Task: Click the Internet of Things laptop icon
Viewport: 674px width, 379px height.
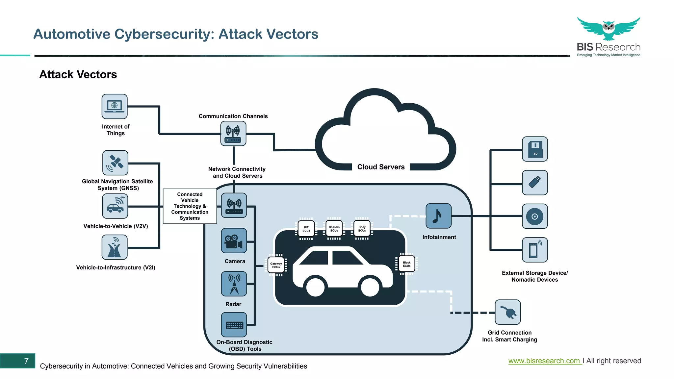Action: pos(115,107)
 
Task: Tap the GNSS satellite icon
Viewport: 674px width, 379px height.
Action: pos(115,163)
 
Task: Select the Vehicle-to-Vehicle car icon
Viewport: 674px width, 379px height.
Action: pos(115,206)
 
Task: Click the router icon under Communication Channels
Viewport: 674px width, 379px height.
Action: pos(233,134)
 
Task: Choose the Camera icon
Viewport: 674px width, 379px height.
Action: pos(234,241)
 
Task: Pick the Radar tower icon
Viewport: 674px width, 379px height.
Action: pos(234,284)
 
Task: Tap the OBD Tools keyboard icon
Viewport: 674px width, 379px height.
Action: pos(234,325)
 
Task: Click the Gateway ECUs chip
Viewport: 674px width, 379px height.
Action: pos(276,265)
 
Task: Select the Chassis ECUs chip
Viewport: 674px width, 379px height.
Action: pos(334,229)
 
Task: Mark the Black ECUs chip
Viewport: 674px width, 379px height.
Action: pos(407,264)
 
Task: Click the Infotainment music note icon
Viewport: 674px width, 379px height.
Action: pos(438,216)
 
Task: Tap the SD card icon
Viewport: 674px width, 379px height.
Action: pos(535,149)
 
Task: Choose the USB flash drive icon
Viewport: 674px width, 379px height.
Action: pos(535,183)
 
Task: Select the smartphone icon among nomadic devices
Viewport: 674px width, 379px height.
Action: pos(535,250)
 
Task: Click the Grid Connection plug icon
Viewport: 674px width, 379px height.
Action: pos(508,312)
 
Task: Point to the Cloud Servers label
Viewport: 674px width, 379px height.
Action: pos(381,167)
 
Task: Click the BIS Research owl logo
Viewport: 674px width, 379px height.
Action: pos(609,29)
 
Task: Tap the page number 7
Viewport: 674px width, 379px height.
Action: pos(26,361)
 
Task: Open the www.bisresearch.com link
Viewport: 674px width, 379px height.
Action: pos(544,361)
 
